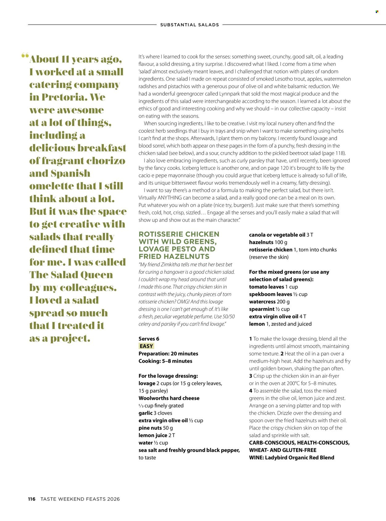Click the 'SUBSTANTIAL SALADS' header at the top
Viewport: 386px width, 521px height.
click(190, 25)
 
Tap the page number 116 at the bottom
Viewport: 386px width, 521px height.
click(32, 499)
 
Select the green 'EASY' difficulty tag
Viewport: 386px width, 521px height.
click(146, 346)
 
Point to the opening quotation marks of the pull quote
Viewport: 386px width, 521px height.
click(25, 56)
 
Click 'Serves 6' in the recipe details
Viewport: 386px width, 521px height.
click(149, 339)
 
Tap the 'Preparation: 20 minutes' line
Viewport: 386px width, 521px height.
click(168, 353)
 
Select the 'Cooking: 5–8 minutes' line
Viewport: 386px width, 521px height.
click(165, 361)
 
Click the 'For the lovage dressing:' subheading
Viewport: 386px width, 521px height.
click(168, 376)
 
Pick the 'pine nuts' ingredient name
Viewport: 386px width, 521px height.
click(150, 428)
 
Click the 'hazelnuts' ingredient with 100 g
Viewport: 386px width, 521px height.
click(261, 242)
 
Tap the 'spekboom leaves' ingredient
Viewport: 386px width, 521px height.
click(271, 294)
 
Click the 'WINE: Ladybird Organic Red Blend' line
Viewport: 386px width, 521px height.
click(292, 457)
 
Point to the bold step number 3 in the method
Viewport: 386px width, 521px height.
click(251, 376)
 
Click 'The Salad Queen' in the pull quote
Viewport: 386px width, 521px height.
click(71, 275)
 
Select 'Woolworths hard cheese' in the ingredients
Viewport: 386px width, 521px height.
click(169, 398)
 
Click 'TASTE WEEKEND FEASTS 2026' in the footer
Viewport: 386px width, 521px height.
click(80, 499)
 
